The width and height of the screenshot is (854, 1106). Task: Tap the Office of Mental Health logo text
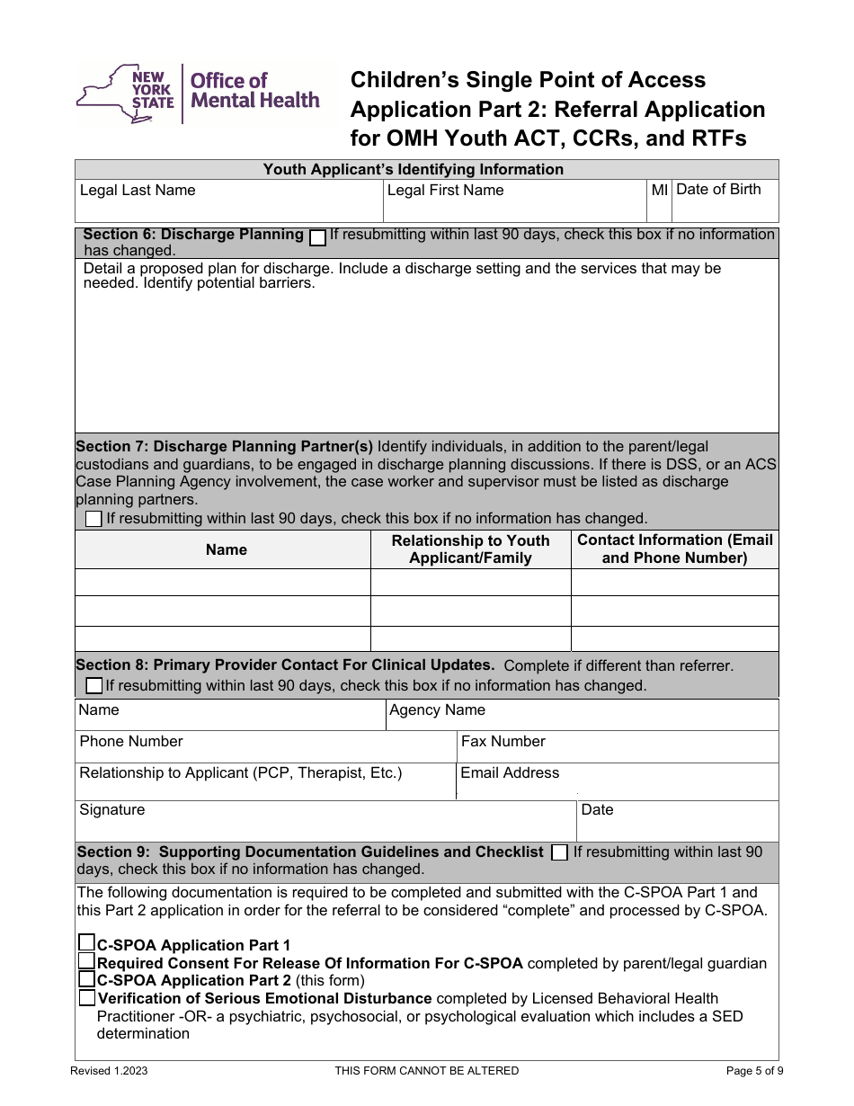(x=254, y=91)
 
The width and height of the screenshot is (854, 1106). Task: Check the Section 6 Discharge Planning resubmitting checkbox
(x=317, y=237)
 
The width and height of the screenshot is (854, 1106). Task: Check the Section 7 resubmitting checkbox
(x=93, y=519)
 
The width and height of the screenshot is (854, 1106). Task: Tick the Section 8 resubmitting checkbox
(x=93, y=686)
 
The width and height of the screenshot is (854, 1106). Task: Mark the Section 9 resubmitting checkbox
(x=559, y=852)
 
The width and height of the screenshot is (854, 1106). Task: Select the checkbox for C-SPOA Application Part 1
(x=86, y=943)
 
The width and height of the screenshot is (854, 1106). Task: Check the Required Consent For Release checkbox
(x=86, y=962)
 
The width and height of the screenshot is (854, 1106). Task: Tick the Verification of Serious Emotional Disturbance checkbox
(x=86, y=998)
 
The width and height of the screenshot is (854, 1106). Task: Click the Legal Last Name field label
(x=138, y=191)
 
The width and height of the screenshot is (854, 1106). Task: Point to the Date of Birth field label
(x=717, y=189)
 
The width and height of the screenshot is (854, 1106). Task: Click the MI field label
(x=659, y=190)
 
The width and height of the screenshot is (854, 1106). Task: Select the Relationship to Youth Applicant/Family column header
(x=470, y=549)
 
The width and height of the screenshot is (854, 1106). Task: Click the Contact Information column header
(x=674, y=549)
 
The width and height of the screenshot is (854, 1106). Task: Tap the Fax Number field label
(x=503, y=742)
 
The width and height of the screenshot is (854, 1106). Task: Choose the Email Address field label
(x=509, y=773)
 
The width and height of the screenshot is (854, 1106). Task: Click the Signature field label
(x=112, y=810)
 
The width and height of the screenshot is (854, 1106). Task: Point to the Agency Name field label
(x=437, y=710)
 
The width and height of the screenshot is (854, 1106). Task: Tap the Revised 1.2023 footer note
(x=109, y=1071)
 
